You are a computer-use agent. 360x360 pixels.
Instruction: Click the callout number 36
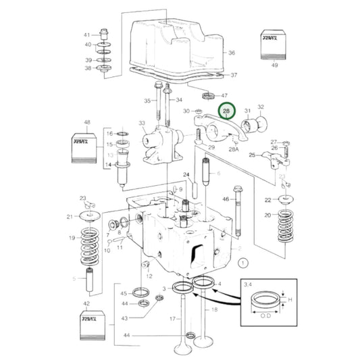tap(232, 53)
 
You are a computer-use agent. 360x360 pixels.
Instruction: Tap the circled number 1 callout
tap(244, 261)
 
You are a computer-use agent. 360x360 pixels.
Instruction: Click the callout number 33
tap(142, 123)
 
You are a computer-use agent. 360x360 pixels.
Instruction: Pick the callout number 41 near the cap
tap(86, 34)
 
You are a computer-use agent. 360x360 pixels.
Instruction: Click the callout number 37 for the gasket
tap(234, 75)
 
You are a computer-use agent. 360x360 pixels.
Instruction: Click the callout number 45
tap(124, 293)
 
